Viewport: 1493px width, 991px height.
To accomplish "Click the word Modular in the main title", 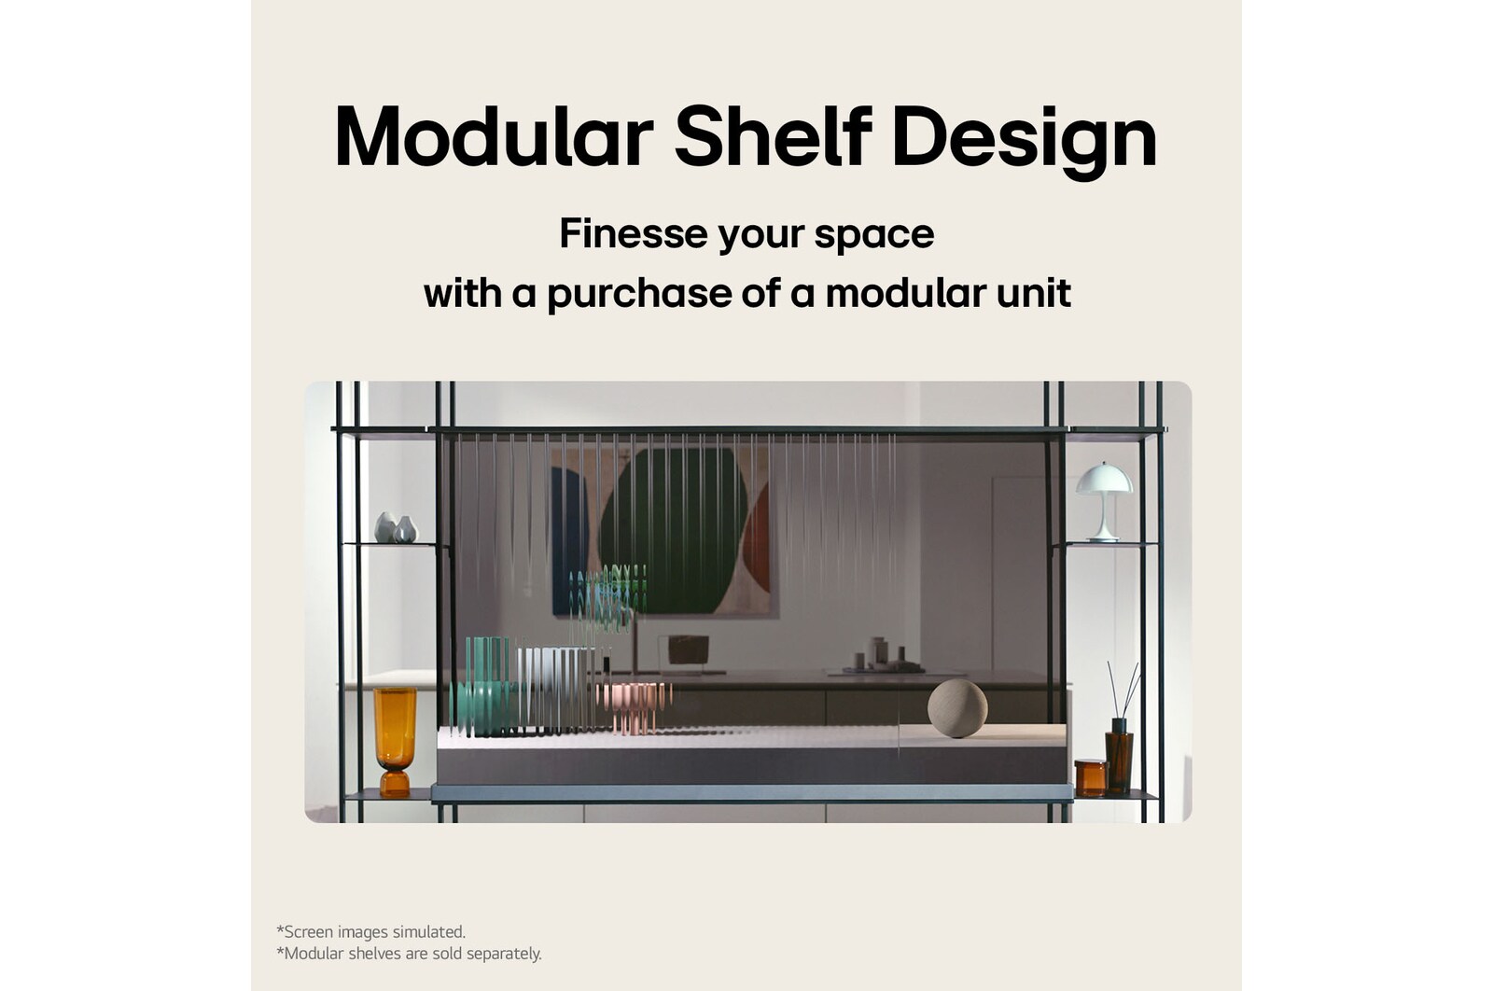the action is [x=494, y=136].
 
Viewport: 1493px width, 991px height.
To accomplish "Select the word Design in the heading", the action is [x=1024, y=141].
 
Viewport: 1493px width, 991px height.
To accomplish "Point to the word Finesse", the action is [x=634, y=233].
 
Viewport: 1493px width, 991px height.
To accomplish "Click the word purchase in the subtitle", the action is [x=639, y=295].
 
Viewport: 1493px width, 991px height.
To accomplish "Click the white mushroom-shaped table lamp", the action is [x=1103, y=500].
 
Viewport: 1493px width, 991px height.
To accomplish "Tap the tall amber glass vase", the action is [x=395, y=741].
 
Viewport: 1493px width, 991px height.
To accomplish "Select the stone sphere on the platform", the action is [x=957, y=708].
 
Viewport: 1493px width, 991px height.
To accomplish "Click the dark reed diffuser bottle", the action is [x=1119, y=756].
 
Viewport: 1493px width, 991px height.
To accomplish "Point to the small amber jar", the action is [x=1091, y=777].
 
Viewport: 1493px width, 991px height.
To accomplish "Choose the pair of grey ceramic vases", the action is [x=396, y=528].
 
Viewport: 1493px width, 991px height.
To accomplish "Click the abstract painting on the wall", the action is [x=663, y=532].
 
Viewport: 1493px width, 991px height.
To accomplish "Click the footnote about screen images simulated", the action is [x=371, y=931].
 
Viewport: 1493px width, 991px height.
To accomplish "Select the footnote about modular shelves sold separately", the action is [x=410, y=954].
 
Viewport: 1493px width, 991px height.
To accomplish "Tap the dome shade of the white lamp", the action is [x=1103, y=479].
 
